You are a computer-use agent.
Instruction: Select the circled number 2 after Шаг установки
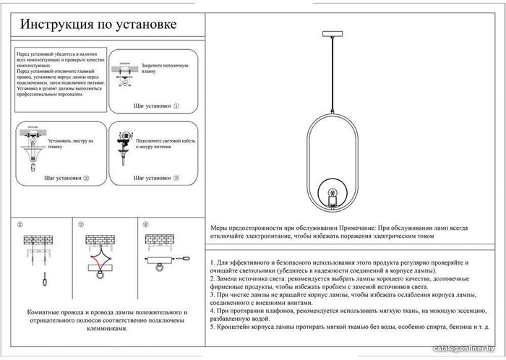click(86, 177)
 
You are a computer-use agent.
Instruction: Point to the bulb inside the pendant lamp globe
click(334, 194)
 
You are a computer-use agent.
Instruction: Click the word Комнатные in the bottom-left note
click(46, 312)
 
